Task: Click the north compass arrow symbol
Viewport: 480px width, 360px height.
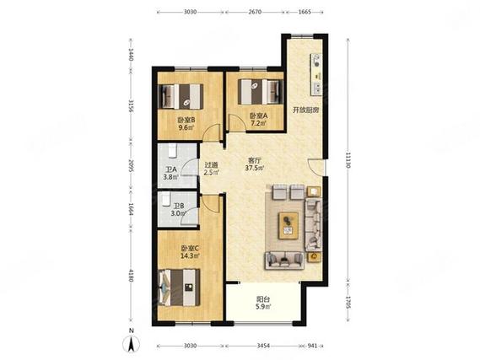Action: [132, 343]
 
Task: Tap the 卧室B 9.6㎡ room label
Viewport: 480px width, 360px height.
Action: [186, 124]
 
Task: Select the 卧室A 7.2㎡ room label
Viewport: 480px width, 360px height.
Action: [259, 119]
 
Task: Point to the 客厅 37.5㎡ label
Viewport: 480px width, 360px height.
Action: [255, 164]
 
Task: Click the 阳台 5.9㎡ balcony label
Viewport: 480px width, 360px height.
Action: [263, 303]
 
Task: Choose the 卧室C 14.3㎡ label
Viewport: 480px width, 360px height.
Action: [190, 252]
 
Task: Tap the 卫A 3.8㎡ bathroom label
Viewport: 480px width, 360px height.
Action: [170, 173]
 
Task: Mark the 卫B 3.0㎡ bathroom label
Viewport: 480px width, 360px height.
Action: [178, 210]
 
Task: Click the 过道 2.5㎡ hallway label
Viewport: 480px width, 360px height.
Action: [212, 169]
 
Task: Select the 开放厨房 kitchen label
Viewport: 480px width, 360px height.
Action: [306, 110]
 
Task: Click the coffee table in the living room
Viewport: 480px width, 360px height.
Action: [289, 226]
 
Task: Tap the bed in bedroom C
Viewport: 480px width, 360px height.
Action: [180, 287]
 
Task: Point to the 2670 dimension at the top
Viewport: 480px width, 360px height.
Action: [255, 13]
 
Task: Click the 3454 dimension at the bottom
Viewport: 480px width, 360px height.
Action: [263, 346]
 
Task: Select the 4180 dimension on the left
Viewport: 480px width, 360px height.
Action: [131, 276]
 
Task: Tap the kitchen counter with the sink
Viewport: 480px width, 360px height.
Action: [316, 74]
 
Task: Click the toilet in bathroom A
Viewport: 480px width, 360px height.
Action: [172, 151]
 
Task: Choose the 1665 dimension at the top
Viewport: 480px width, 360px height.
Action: [305, 13]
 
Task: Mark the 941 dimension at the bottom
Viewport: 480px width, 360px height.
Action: [312, 346]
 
